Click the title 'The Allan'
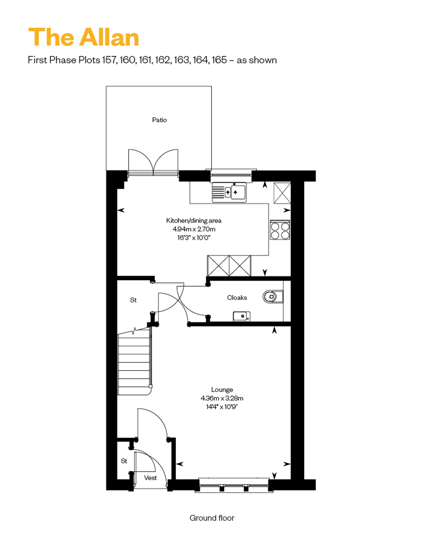pyautogui.click(x=83, y=37)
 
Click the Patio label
pyautogui.click(x=159, y=120)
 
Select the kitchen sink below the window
pyautogui.click(x=229, y=193)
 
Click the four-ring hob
pyautogui.click(x=280, y=230)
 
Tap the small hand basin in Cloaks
pyautogui.click(x=241, y=316)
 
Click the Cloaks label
pyautogui.click(x=237, y=298)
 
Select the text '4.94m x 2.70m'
pyautogui.click(x=194, y=229)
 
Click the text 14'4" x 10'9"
pyautogui.click(x=222, y=407)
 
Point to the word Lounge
pyautogui.click(x=222, y=390)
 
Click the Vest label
pyautogui.click(x=150, y=478)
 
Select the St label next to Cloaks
pyautogui.click(x=133, y=300)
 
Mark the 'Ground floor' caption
pyautogui.click(x=212, y=518)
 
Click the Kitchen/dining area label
pyautogui.click(x=194, y=220)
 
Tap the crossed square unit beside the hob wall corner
pyautogui.click(x=282, y=193)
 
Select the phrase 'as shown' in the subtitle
pyautogui.click(x=257, y=60)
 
